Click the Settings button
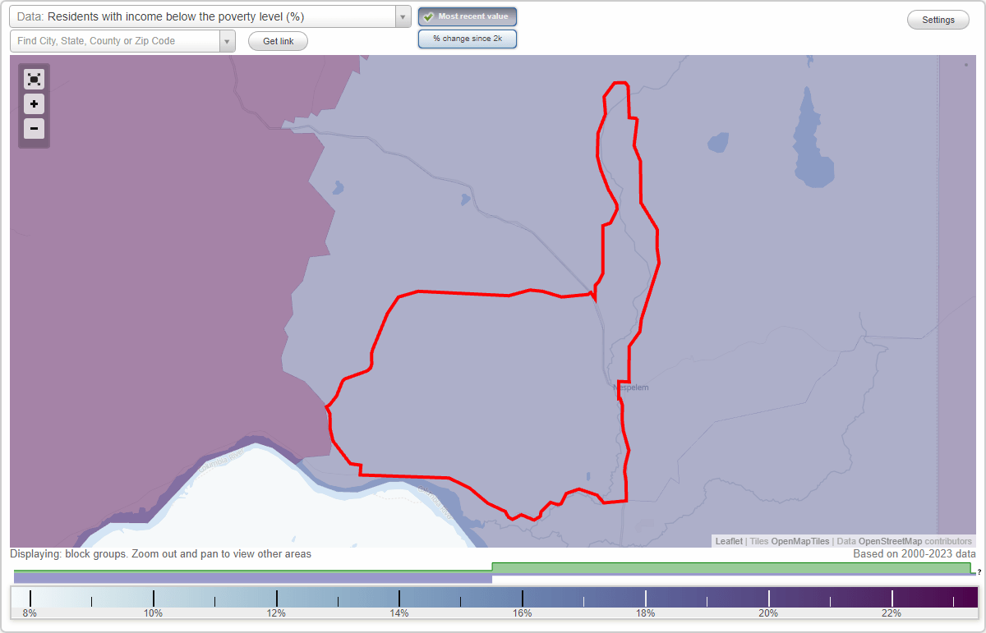click(x=938, y=21)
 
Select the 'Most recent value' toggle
click(x=468, y=16)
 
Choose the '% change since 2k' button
click(x=468, y=39)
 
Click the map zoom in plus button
click(x=34, y=104)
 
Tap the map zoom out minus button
click(x=34, y=129)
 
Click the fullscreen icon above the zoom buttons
click(x=34, y=80)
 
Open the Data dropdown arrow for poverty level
click(x=403, y=17)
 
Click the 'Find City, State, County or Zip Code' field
click(x=115, y=41)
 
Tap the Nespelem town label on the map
click(x=631, y=388)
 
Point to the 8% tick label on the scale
click(x=30, y=613)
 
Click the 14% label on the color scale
click(x=399, y=613)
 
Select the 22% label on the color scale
click(x=892, y=613)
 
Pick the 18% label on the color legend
click(x=645, y=613)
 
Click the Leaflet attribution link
click(x=729, y=542)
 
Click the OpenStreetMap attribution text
click(x=890, y=542)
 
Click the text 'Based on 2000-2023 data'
click(x=915, y=554)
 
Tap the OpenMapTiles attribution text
click(x=799, y=542)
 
